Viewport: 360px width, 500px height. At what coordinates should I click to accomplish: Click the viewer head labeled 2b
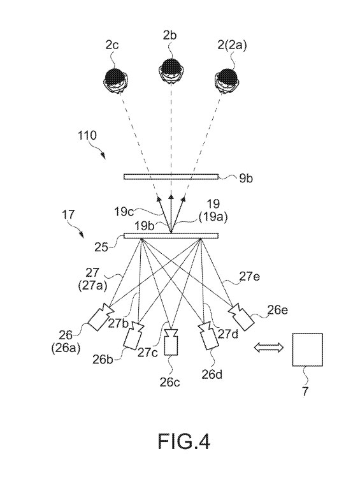(x=171, y=71)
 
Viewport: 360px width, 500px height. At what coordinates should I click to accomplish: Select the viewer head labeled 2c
(x=116, y=80)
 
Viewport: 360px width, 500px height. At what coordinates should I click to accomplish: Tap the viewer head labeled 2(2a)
(x=227, y=80)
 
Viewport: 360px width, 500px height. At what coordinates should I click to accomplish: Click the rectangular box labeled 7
(x=307, y=349)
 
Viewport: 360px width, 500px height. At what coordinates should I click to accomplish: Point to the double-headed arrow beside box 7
(x=269, y=348)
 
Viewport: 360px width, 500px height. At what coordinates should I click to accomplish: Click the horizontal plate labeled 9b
(x=171, y=177)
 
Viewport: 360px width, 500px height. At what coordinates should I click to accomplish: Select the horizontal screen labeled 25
(x=171, y=236)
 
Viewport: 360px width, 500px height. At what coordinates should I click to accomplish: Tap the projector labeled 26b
(x=134, y=335)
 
